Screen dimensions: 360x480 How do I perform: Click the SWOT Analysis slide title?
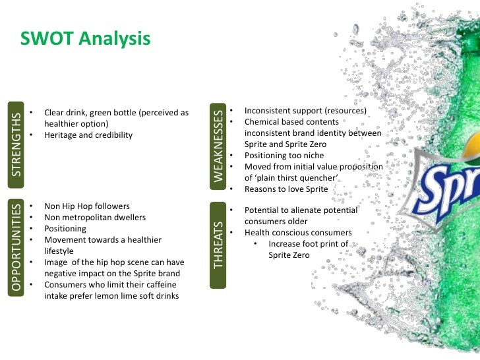pos(86,40)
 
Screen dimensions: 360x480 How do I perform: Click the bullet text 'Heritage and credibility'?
pos(88,135)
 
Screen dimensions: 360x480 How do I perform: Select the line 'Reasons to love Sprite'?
pos(285,189)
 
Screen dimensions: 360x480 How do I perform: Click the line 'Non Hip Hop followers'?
pos(87,206)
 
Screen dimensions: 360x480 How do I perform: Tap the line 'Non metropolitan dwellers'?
pos(95,218)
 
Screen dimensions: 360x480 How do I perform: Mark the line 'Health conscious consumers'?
pos(298,233)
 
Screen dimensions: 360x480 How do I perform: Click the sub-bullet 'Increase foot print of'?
pos(308,244)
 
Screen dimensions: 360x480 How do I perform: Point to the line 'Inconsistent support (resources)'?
pos(305,111)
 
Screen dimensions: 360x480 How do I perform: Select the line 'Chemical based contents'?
pos(291,122)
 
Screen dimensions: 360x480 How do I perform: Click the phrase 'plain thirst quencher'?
pos(298,178)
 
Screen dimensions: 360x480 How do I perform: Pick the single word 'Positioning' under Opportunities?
pos(65,229)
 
